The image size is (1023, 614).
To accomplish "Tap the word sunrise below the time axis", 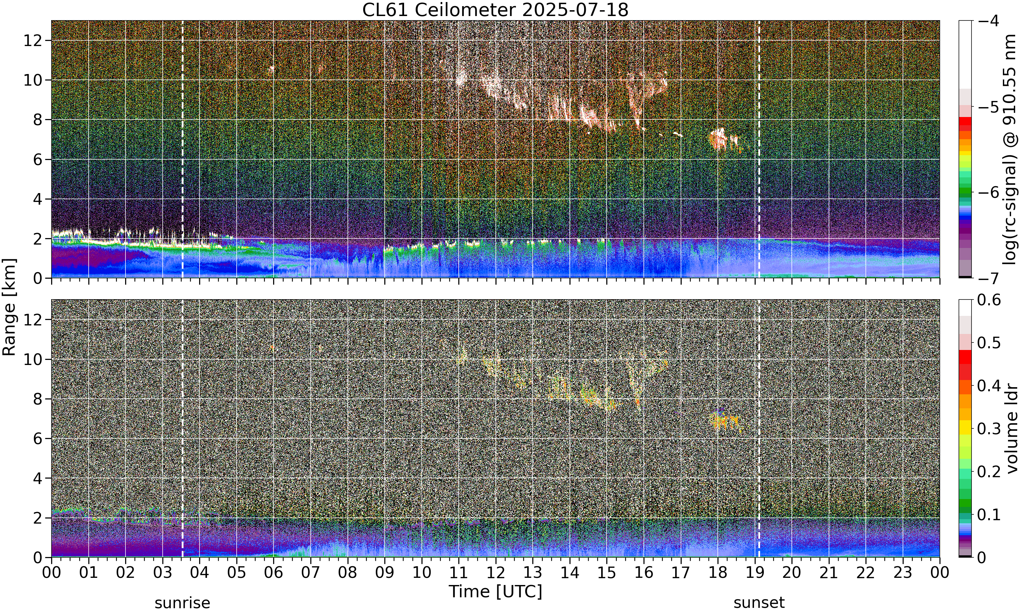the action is (x=182, y=603).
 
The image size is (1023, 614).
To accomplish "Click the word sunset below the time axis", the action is (x=759, y=603).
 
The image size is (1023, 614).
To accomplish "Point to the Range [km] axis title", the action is (x=9, y=307).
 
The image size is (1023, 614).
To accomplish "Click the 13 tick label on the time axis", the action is (x=533, y=573).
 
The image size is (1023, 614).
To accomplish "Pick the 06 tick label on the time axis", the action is (x=273, y=573).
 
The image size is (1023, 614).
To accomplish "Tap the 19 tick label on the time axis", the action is (x=755, y=573).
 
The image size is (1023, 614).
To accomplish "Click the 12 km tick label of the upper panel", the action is (x=33, y=41).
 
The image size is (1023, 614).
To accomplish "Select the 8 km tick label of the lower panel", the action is (x=38, y=399).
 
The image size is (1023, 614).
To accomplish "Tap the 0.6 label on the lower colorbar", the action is (x=989, y=300).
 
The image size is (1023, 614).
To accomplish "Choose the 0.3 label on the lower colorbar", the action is (x=989, y=429).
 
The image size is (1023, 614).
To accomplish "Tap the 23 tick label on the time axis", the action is (x=903, y=573).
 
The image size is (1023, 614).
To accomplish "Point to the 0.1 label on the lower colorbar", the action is (x=989, y=515).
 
